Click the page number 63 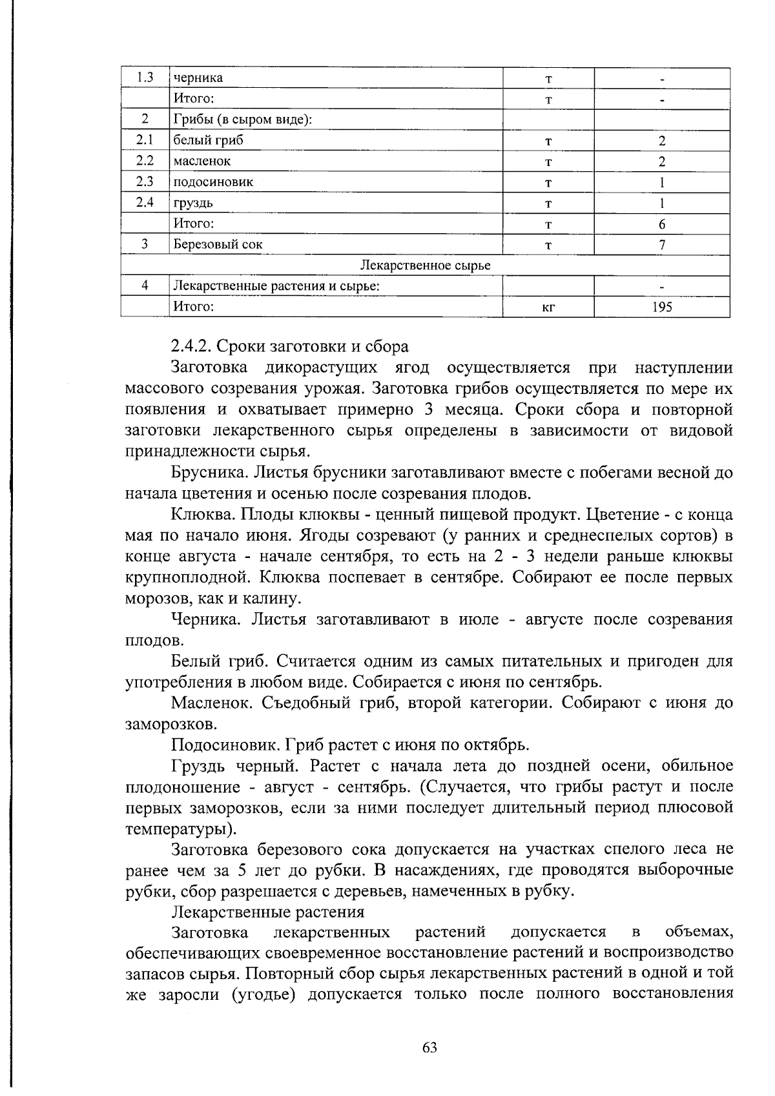(x=429, y=1048)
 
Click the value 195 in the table (x=661, y=307)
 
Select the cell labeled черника (x=198, y=78)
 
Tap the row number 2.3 (x=145, y=182)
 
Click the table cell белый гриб (x=208, y=140)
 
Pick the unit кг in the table (x=548, y=307)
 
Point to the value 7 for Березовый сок (x=662, y=245)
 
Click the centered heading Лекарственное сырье (x=425, y=265)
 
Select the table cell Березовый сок (x=217, y=245)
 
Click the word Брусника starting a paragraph (x=209, y=473)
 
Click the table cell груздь (x=192, y=203)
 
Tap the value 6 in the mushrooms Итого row (x=662, y=224)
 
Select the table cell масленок (x=201, y=161)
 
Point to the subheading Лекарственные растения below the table (x=267, y=912)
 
